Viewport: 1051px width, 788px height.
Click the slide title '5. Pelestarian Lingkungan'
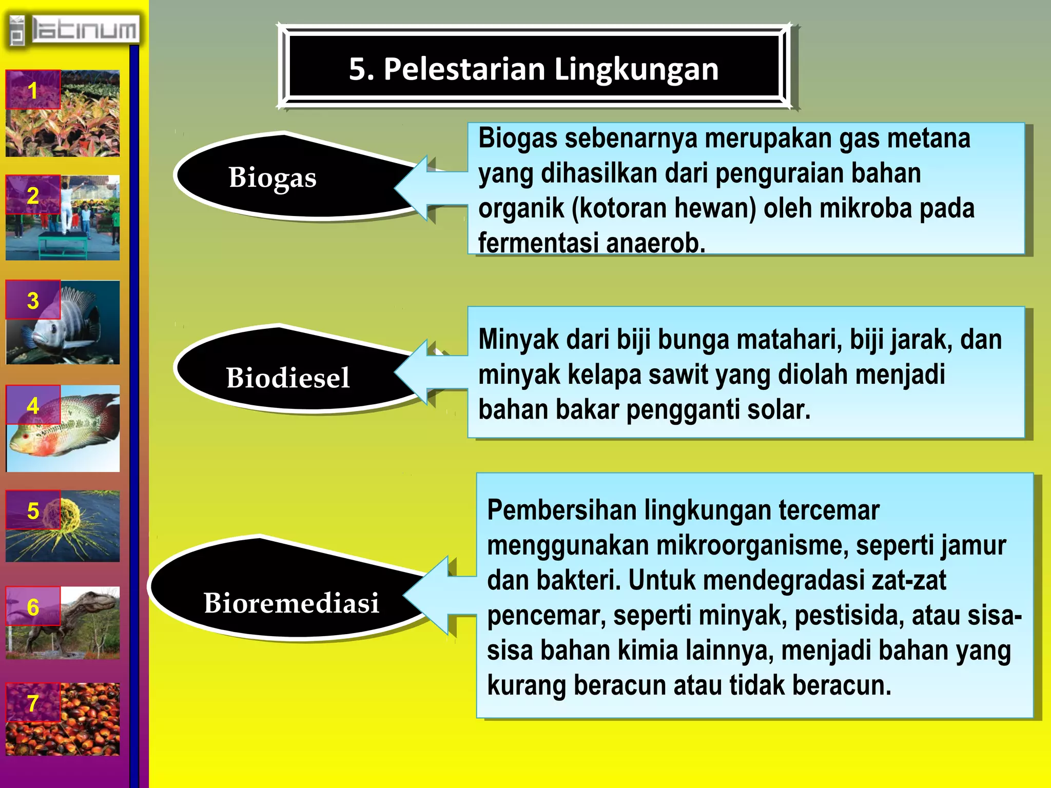[534, 69]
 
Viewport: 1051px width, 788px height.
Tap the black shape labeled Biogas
[287, 177]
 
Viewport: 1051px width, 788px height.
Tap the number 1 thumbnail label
[33, 90]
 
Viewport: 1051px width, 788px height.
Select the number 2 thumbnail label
[33, 195]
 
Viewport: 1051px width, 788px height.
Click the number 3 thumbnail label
[33, 301]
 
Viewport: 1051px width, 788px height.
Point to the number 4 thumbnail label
[33, 406]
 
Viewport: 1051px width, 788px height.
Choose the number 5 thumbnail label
[33, 510]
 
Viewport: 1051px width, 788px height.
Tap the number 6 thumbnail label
[33, 607]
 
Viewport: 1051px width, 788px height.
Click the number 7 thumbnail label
[33, 703]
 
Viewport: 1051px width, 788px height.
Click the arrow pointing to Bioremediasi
[436, 595]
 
